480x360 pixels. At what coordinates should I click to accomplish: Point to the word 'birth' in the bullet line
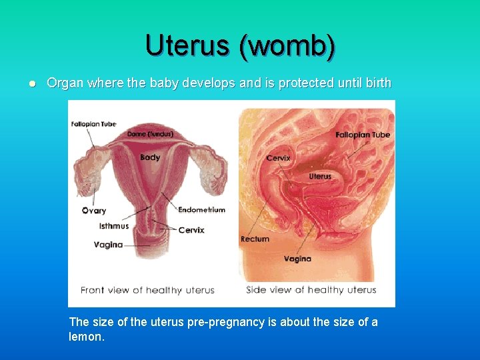(x=377, y=83)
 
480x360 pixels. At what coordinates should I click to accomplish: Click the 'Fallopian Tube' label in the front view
(x=93, y=124)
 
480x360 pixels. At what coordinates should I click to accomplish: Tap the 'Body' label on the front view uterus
(x=150, y=157)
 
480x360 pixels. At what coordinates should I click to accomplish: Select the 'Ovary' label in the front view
(x=93, y=211)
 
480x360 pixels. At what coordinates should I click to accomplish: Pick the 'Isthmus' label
(x=114, y=226)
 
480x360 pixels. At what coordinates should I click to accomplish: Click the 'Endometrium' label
(x=201, y=209)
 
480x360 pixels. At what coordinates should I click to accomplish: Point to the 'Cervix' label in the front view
(x=191, y=230)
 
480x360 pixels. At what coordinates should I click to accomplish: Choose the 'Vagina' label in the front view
(x=108, y=245)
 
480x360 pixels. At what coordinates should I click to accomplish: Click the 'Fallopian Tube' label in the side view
(x=363, y=135)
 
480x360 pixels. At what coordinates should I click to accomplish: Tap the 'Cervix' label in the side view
(x=277, y=158)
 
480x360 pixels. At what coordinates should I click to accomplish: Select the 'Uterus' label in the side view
(x=320, y=177)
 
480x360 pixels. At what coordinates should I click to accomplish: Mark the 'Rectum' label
(x=255, y=239)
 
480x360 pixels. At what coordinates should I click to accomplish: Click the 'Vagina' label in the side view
(x=297, y=259)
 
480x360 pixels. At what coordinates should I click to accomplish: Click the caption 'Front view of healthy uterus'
(x=147, y=290)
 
